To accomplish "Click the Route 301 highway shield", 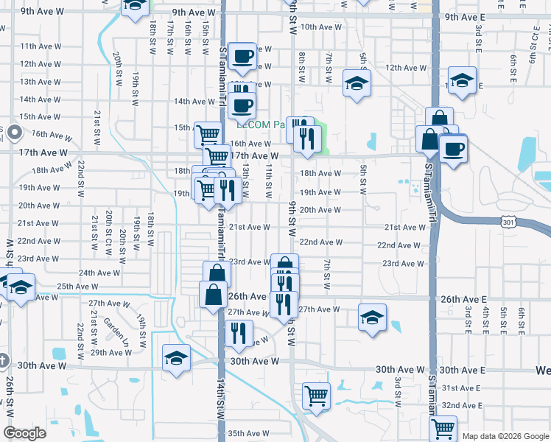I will pos(508,221).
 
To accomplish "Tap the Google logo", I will pos(24,433).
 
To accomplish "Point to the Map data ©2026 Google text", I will pos(506,436).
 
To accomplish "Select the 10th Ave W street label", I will pos(321,27).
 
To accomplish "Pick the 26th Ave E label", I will pos(463,299).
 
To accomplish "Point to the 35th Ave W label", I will pos(250,433).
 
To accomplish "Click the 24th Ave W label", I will pos(99,273).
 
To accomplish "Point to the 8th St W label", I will pos(302,66).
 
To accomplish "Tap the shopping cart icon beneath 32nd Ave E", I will pos(443,427).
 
